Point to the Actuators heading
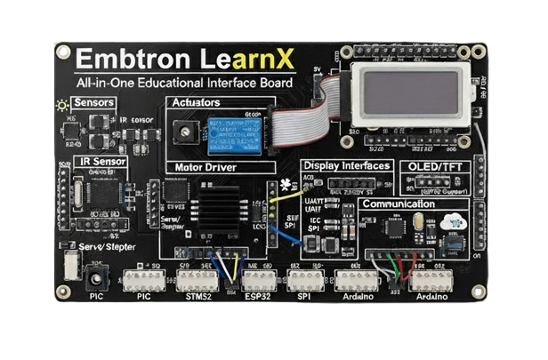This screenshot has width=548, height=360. point(196,103)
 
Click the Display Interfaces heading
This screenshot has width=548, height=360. point(345,166)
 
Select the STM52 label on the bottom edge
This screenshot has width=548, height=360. point(196,297)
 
